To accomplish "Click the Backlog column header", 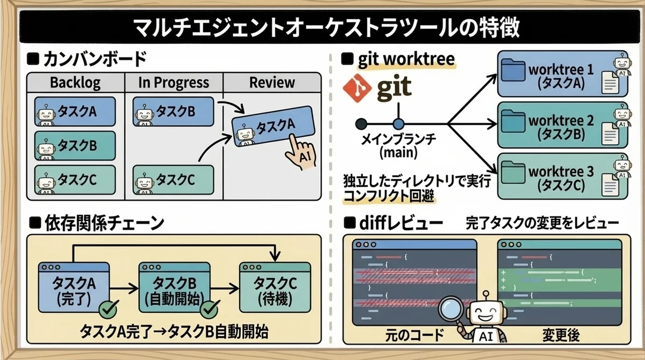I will tap(75, 83).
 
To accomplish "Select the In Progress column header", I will tap(173, 83).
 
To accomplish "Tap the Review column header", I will tap(272, 83).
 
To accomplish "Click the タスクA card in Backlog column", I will tap(75, 111).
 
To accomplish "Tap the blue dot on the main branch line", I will tap(398, 123).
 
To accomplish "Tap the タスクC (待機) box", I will tap(275, 287).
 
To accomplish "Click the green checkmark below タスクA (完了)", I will tap(109, 309).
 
